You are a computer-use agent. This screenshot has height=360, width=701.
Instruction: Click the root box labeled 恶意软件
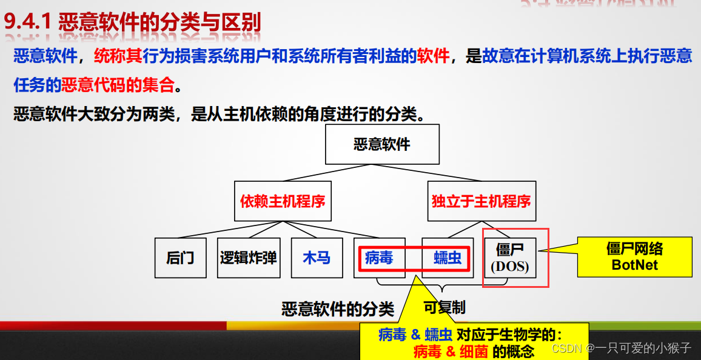(x=382, y=144)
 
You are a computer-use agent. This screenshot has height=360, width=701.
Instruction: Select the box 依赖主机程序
(x=283, y=201)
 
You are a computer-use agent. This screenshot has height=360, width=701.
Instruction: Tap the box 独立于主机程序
(x=481, y=201)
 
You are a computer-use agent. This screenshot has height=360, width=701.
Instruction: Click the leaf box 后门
(x=180, y=258)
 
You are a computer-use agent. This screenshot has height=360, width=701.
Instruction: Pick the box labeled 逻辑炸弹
(x=249, y=258)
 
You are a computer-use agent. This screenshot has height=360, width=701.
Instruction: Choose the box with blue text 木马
(x=317, y=258)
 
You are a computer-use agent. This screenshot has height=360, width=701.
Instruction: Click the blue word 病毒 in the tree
(x=379, y=258)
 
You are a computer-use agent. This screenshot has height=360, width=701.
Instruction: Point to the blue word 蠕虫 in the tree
(x=448, y=258)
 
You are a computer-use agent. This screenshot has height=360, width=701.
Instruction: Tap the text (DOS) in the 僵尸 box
(x=509, y=266)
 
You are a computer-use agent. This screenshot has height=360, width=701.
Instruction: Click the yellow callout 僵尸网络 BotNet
(x=634, y=256)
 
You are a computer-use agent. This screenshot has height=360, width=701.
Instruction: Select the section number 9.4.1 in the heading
(x=29, y=23)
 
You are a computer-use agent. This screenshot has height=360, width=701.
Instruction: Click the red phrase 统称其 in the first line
(x=118, y=56)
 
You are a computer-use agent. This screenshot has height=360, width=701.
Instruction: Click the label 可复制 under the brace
(x=444, y=307)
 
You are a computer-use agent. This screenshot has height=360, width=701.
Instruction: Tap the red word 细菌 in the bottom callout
(x=474, y=351)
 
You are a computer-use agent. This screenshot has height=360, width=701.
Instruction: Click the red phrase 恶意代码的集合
(x=118, y=85)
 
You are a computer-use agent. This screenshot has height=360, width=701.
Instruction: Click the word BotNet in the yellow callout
(x=634, y=265)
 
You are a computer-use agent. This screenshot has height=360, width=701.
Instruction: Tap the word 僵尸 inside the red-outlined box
(x=508, y=250)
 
